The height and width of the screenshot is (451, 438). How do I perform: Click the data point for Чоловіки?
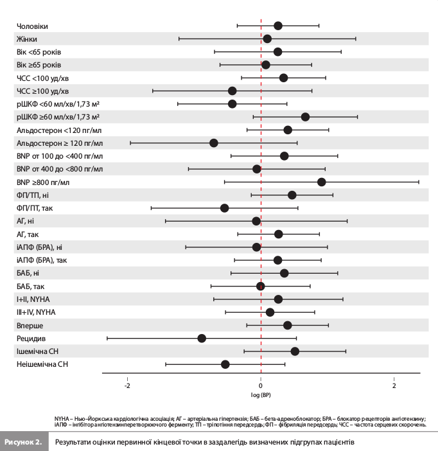tap(278, 26)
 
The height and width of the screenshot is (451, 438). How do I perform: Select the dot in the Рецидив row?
tap(202, 338)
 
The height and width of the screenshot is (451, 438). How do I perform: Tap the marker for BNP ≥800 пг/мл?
tap(322, 182)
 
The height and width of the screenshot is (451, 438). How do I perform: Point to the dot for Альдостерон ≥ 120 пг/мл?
tap(214, 143)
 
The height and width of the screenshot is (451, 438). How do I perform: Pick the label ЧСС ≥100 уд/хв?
tap(43, 91)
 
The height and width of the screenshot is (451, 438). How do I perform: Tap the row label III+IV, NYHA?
tap(36, 312)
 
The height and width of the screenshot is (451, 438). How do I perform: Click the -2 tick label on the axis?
tap(127, 385)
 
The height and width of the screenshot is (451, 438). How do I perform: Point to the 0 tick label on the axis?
tap(261, 385)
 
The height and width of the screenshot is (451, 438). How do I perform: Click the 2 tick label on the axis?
tap(394, 385)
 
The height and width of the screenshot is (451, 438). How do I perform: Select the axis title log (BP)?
tap(261, 394)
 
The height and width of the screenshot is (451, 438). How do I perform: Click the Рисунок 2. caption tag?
tap(24, 442)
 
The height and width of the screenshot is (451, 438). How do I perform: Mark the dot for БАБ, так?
tap(261, 286)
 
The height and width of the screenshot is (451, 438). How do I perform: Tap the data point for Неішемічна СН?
tap(225, 364)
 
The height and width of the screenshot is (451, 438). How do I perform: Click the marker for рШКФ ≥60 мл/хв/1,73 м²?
tap(305, 117)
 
